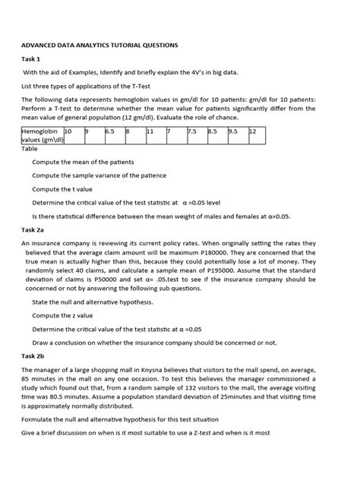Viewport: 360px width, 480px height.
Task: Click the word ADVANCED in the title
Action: (x=43, y=46)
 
